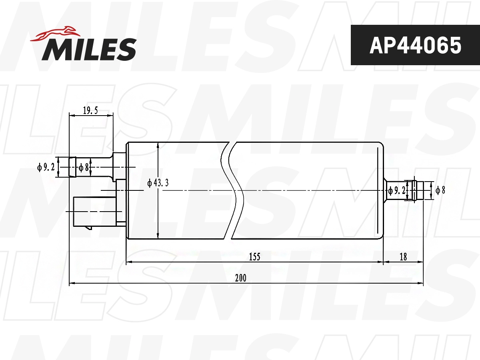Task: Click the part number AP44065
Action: coord(415,45)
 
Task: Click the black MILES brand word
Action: coord(89,49)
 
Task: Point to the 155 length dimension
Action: coord(254,257)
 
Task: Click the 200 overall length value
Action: coord(240,278)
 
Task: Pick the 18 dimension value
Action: coord(403,257)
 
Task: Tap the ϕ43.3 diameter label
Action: coord(158,183)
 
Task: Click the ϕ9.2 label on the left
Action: coord(46,167)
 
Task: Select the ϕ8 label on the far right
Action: coord(440,190)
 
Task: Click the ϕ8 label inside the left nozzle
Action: coord(84,167)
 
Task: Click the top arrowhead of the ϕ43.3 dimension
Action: coord(159,145)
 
